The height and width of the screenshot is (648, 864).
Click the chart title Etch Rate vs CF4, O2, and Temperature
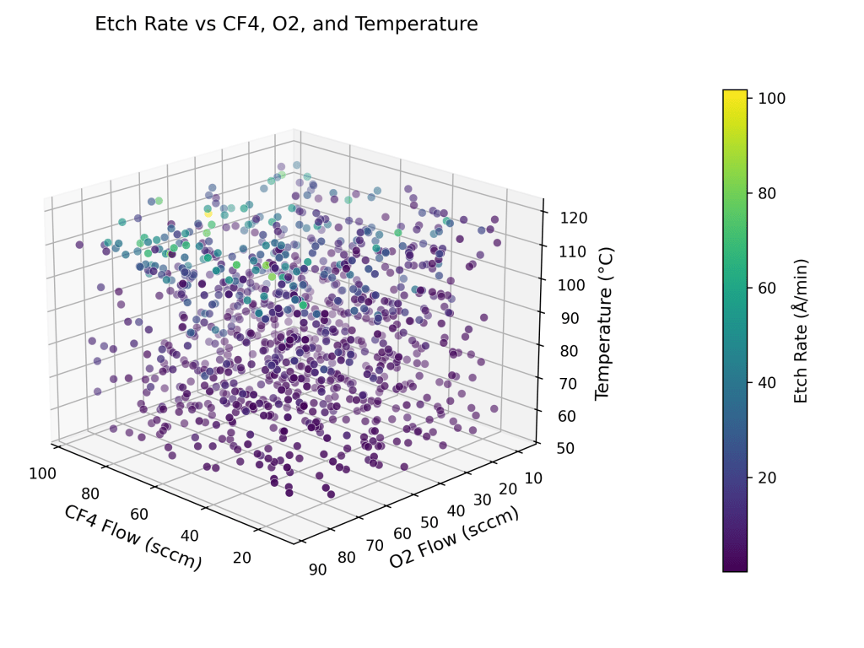286,24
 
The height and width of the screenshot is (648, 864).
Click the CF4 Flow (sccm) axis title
132,537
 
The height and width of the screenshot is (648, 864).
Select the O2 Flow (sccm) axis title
454,537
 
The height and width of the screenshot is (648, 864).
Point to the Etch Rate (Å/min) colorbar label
802,331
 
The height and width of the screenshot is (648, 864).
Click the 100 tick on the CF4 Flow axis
42,473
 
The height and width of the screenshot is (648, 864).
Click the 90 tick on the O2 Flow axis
318,569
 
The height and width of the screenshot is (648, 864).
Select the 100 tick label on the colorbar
773,99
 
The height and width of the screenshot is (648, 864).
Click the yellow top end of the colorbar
735,93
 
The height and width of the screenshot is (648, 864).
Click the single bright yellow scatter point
208,213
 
